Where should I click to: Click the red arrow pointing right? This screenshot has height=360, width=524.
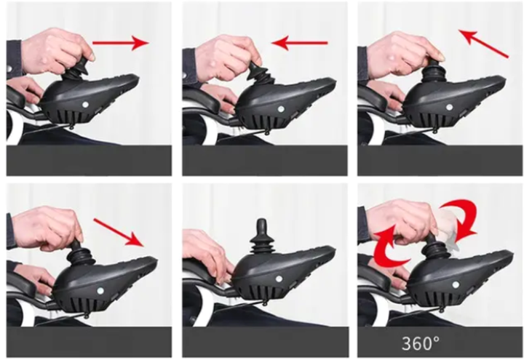pos(120,43)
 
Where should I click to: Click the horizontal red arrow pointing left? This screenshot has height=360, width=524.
pos(299,43)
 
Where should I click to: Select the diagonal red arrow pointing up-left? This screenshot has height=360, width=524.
pos(483,44)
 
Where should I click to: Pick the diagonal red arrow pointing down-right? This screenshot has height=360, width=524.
pos(119,233)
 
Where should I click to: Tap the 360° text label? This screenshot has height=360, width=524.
pos(421,343)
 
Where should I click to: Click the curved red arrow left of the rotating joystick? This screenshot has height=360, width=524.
pos(389,246)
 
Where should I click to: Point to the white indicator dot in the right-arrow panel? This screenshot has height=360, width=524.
pos(85,105)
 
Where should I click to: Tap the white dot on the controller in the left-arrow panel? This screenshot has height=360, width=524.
pos(281,109)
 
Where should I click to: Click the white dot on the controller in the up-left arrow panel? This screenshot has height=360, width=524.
pos(450,107)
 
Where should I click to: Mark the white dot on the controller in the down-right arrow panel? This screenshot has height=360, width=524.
pos(100,290)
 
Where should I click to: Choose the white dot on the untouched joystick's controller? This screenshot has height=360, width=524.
pos(279,279)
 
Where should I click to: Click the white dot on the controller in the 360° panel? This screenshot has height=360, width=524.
pos(456,285)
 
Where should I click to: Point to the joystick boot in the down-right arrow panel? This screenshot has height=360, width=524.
pos(80,255)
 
